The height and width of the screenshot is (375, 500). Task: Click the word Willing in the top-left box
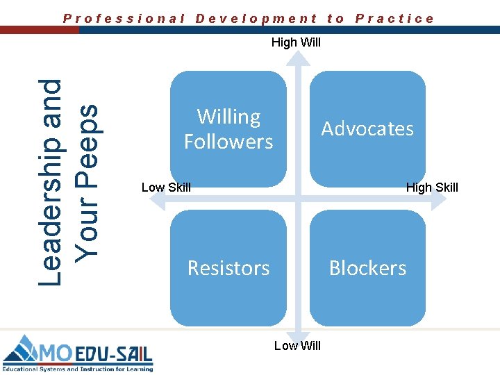click(228, 117)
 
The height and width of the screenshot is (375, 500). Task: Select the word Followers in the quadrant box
click(228, 142)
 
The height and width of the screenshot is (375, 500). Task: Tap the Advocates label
click(367, 128)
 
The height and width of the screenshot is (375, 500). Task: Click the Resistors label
click(228, 268)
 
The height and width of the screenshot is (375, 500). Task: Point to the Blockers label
click(367, 268)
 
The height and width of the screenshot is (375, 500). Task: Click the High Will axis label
click(296, 43)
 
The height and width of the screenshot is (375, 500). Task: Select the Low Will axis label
click(297, 346)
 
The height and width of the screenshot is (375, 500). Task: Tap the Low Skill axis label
click(166, 187)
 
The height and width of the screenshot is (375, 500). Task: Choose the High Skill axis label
click(432, 187)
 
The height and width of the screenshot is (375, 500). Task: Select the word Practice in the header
click(394, 19)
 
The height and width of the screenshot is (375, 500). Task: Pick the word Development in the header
click(256, 19)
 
